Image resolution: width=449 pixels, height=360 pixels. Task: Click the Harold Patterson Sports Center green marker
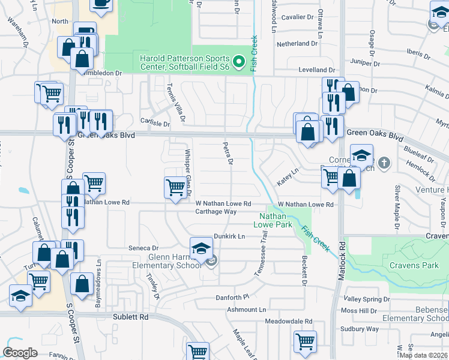coord(239,61)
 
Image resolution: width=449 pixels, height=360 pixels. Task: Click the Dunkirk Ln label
coord(229,236)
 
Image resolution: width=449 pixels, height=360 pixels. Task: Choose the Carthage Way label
coord(216,211)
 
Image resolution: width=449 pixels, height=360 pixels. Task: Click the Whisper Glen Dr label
coord(187,170)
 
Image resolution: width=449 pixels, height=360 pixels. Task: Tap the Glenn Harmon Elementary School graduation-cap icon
coord(200,248)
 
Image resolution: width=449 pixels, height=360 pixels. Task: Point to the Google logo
coord(20,352)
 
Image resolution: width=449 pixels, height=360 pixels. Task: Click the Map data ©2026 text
coord(423,355)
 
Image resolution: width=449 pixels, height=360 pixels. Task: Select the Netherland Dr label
coord(297,44)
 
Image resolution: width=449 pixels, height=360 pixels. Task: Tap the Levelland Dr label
coord(312,70)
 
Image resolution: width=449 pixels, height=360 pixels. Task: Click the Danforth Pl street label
coord(232,298)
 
